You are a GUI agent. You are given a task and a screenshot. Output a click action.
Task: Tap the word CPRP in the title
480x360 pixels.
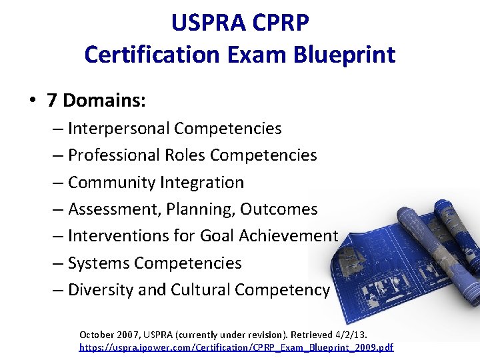(283, 23)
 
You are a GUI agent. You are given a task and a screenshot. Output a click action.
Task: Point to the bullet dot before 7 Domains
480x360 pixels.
(31, 101)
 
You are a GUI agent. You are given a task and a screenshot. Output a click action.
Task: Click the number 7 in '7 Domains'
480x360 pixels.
(52, 101)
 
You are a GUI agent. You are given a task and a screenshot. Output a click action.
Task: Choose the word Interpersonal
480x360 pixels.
(118, 128)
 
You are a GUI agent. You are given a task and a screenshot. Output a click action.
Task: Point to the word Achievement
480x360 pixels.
(291, 235)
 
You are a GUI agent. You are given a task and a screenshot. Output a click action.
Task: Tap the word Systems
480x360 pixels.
(98, 263)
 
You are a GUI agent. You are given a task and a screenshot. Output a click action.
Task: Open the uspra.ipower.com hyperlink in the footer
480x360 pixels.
(236, 347)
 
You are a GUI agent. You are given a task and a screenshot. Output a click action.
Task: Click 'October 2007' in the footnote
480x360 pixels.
(106, 334)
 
